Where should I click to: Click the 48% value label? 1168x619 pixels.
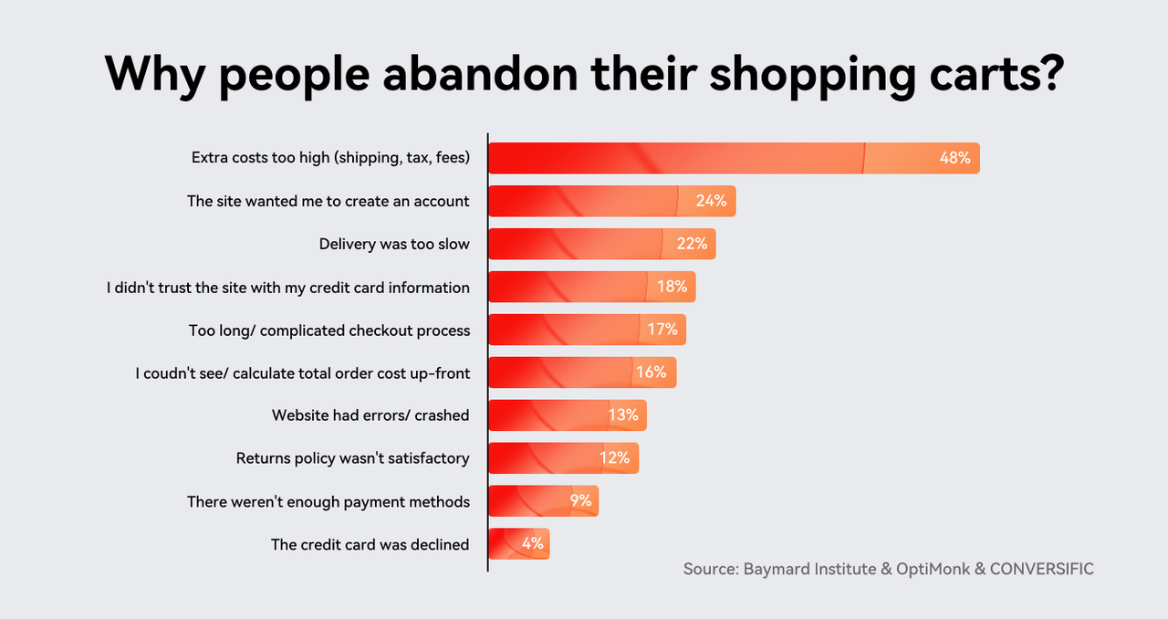(954, 158)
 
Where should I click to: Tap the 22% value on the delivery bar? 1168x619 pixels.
(692, 244)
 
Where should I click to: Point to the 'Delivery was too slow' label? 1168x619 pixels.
(394, 244)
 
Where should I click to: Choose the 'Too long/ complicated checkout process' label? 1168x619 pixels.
(329, 330)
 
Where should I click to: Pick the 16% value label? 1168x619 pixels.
(652, 372)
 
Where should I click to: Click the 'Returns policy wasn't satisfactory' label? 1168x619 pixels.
(352, 458)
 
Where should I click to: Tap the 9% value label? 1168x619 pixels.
(581, 500)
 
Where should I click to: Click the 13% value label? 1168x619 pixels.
(622, 415)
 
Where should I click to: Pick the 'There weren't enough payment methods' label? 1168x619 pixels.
(328, 501)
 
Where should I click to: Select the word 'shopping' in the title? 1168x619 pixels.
(812, 73)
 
